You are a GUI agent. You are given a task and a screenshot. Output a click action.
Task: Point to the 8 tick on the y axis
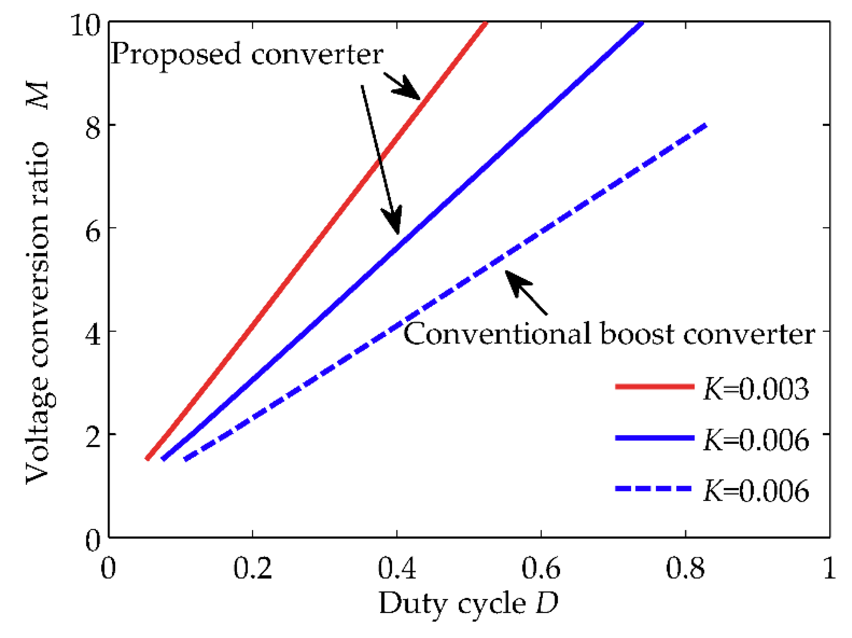(x=93, y=128)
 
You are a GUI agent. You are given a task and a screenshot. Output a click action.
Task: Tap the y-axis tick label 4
(x=93, y=335)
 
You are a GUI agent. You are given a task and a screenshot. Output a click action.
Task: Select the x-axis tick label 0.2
(x=252, y=569)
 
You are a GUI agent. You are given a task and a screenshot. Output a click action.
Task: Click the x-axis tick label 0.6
(x=541, y=569)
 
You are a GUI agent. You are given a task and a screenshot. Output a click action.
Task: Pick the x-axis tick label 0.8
(x=685, y=569)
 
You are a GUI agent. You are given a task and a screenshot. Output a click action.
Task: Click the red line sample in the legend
(x=654, y=387)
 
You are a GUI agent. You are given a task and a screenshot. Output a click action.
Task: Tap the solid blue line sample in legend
(x=654, y=437)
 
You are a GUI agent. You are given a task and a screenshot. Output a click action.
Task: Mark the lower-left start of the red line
(x=147, y=459)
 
